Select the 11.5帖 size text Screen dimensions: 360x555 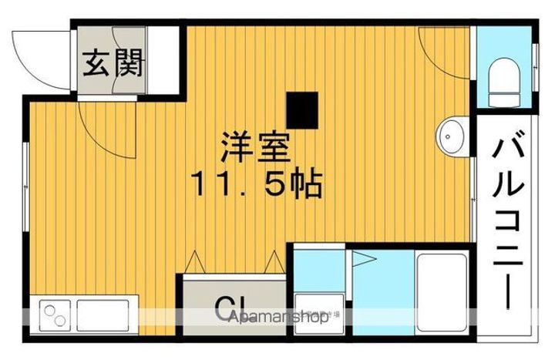coord(256,184)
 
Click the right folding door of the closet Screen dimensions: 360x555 coord(274,262)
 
